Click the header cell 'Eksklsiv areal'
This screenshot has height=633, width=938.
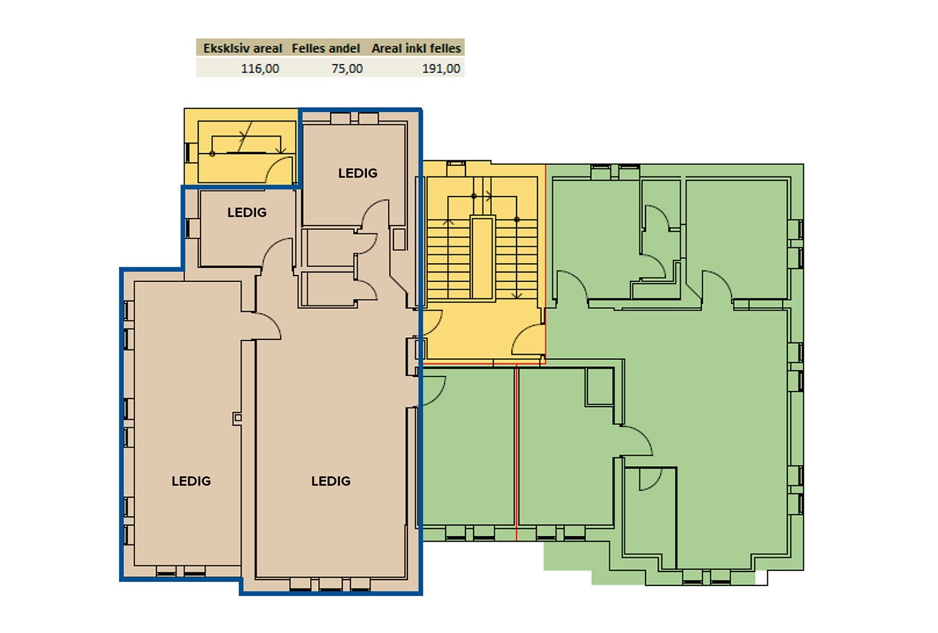click(x=243, y=49)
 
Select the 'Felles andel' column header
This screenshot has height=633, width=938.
click(x=326, y=49)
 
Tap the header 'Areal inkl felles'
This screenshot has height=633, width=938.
click(x=416, y=49)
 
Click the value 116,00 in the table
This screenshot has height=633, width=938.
click(x=260, y=68)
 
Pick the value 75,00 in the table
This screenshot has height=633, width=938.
click(x=347, y=68)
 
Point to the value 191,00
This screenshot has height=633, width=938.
click(x=441, y=68)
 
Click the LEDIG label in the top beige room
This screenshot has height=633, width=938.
click(x=358, y=173)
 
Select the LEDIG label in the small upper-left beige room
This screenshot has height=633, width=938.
click(x=247, y=212)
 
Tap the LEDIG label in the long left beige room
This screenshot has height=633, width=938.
click(x=191, y=481)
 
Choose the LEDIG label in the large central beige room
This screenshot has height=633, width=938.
click(x=331, y=481)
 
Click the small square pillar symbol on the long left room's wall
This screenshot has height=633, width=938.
click(x=237, y=417)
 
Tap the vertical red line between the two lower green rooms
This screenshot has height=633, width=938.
click(x=516, y=452)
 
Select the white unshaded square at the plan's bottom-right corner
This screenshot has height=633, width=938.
click(x=762, y=578)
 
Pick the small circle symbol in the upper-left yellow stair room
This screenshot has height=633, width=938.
click(x=212, y=154)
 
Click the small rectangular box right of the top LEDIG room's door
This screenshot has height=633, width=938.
click(x=399, y=239)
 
